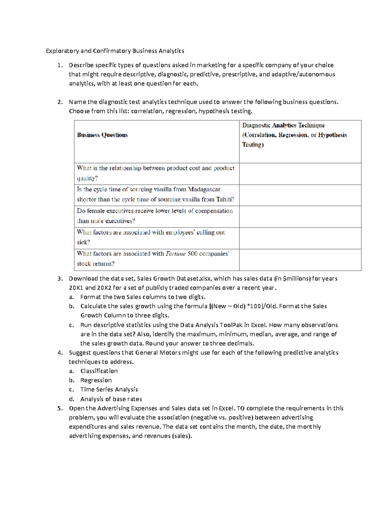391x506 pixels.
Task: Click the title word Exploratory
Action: pyautogui.click(x=62, y=51)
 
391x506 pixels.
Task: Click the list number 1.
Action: pyautogui.click(x=60, y=65)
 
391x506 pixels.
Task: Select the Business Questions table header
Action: pyautogui.click(x=102, y=135)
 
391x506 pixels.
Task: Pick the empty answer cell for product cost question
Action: pyautogui.click(x=300, y=174)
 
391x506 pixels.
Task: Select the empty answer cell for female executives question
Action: pyautogui.click(x=300, y=216)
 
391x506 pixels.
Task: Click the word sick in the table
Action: pyautogui.click(x=83, y=242)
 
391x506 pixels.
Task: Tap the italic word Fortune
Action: pyautogui.click(x=176, y=254)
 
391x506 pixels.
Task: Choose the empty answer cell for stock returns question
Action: pyautogui.click(x=300, y=260)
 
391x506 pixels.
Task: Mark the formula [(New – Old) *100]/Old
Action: pyautogui.click(x=243, y=306)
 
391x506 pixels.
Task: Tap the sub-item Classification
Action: pyautogui.click(x=99, y=371)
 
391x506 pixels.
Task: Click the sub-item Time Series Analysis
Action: pyautogui.click(x=109, y=389)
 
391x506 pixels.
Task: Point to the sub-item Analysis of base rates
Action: pyautogui.click(x=111, y=399)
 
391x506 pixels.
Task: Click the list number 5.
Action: pyautogui.click(x=60, y=408)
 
